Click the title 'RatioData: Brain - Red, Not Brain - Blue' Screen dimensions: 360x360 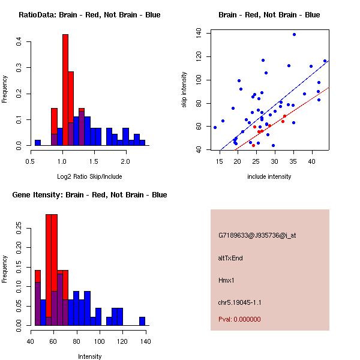pos(89,15)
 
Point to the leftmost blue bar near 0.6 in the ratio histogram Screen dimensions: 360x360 pos(38,143)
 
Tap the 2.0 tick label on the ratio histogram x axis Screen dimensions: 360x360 pos(125,161)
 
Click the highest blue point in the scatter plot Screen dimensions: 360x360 pos(294,34)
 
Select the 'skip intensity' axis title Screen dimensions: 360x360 pos(185,90)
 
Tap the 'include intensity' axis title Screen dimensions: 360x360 pos(270,176)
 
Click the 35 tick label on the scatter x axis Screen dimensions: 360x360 pos(293,161)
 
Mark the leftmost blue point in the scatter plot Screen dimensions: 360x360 pos(215,127)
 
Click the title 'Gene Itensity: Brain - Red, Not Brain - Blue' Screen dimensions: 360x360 pos(89,195)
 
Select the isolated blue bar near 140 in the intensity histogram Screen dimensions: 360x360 pos(142,321)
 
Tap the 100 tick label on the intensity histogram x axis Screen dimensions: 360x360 pos(100,341)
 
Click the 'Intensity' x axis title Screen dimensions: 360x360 pos(90,356)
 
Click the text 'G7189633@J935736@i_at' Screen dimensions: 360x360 pos(249,235)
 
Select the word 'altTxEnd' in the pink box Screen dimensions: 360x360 pos(230,258)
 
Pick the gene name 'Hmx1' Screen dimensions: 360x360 pos(226,280)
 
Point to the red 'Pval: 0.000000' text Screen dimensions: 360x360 pos(239,319)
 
